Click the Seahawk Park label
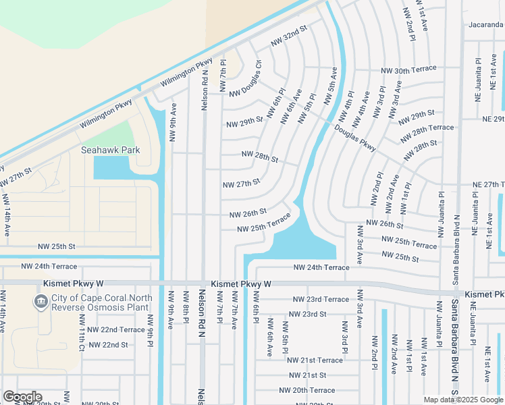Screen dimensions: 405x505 [x=111, y=150]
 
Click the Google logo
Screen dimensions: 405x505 [x=22, y=397]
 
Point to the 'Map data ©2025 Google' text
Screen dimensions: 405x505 [x=463, y=400]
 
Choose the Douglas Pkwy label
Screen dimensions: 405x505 [x=354, y=137]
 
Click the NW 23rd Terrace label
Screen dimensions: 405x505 [x=321, y=299]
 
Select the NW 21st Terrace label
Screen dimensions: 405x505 [x=315, y=360]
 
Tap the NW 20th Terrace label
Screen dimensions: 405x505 [x=307, y=390]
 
